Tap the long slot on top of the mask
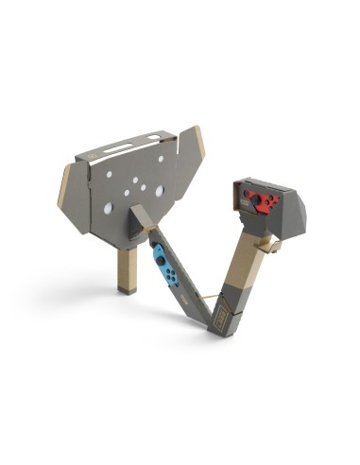pyautogui.click(x=123, y=147)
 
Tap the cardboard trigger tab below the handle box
pyautogui.click(x=271, y=244)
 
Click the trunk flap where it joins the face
pyautogui.click(x=142, y=216)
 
